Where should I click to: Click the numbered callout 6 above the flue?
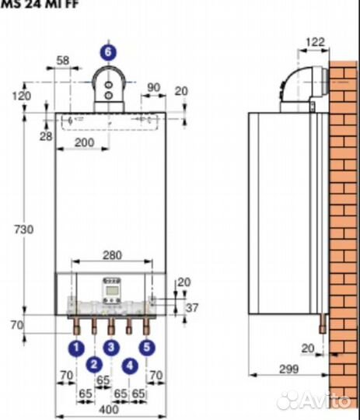tap(109, 52)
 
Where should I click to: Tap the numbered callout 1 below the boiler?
tap(75, 348)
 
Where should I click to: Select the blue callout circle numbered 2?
tap(94, 364)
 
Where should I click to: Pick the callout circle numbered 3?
tap(111, 348)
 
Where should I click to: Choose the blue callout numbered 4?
tap(129, 364)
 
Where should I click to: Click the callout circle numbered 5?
tap(147, 348)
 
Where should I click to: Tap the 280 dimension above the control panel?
tap(111, 255)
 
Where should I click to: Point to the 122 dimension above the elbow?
tap(314, 42)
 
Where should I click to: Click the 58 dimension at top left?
tap(64, 61)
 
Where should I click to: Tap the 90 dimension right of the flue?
tap(153, 87)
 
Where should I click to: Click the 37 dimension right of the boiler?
tap(192, 309)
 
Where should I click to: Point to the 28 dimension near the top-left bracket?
tap(46, 138)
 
